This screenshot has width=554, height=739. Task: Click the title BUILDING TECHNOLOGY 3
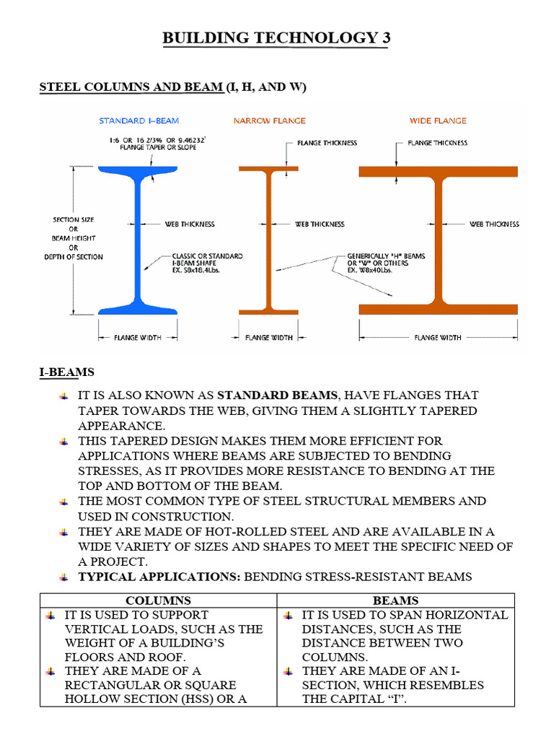tap(276, 38)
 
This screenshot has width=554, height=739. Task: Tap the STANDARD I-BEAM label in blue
tap(138, 121)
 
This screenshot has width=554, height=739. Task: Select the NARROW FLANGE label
tap(269, 121)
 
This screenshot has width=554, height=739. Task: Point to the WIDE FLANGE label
tap(438, 121)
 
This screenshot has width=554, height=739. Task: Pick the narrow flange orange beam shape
tap(269, 238)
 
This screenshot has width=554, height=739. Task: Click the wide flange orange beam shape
tap(438, 238)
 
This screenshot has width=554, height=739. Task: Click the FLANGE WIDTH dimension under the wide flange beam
tap(438, 337)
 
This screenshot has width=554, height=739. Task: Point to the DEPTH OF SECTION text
tap(73, 257)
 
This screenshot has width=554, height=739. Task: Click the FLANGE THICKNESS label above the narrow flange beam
tap(327, 143)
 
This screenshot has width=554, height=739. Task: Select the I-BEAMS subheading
tap(66, 372)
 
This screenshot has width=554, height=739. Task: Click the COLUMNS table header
tap(158, 600)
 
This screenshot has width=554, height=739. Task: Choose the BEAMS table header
tap(395, 600)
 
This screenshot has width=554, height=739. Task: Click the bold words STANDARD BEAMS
tap(276, 395)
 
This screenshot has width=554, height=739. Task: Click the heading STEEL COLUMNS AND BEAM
tap(131, 87)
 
